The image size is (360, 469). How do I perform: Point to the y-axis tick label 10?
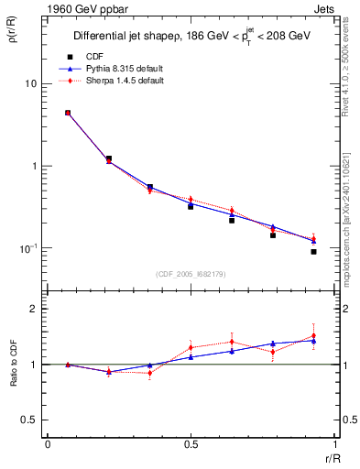[x=30, y=83]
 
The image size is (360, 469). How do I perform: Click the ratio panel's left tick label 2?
[x=36, y=309]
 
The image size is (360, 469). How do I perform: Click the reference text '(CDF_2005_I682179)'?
[x=190, y=276]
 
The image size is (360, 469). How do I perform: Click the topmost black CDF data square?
[x=68, y=113]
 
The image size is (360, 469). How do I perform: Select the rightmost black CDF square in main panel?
[x=313, y=251]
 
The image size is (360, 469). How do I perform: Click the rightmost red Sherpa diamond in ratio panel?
[x=313, y=336]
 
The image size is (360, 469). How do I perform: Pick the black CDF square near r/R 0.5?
[x=191, y=206]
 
